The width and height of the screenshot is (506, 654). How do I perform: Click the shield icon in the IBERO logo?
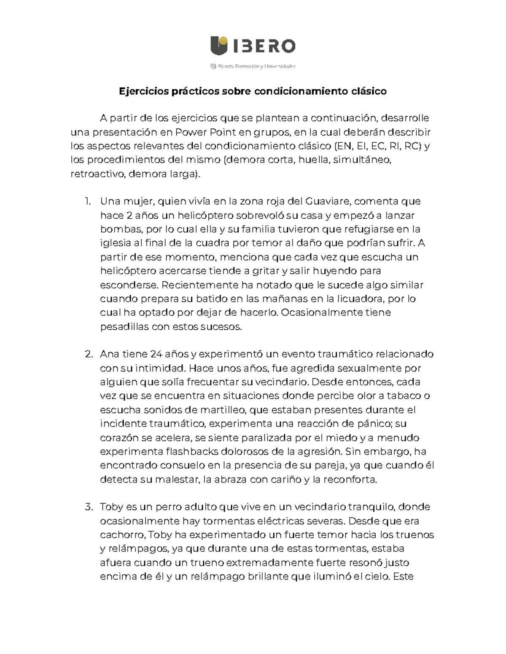[219, 45]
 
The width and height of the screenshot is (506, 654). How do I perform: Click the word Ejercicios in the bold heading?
[142, 91]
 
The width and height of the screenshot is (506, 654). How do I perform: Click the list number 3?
[88, 507]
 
